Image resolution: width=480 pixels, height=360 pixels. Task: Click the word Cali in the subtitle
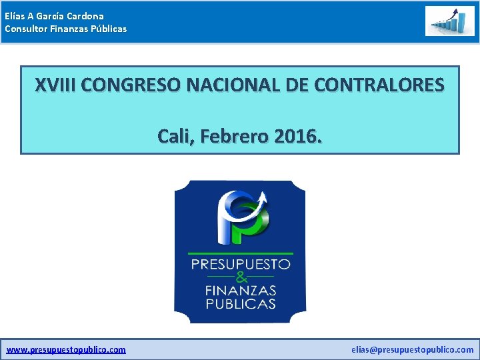tap(174, 137)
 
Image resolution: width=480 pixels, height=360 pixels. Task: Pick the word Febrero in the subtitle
tap(234, 137)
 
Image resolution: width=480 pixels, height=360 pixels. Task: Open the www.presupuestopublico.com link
tap(66, 349)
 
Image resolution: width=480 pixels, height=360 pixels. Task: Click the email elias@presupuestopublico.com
tap(412, 349)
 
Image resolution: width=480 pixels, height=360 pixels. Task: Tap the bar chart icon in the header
tap(450, 21)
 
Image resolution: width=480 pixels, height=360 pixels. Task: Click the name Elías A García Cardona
tap(54, 15)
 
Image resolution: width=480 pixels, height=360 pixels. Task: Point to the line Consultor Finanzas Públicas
tap(65, 29)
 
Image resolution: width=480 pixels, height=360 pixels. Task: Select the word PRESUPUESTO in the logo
tap(240, 264)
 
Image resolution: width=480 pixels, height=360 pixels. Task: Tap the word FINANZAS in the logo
tap(240, 291)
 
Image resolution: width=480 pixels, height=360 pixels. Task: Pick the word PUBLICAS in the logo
tap(240, 304)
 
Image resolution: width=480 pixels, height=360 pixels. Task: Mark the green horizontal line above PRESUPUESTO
tap(240, 253)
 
